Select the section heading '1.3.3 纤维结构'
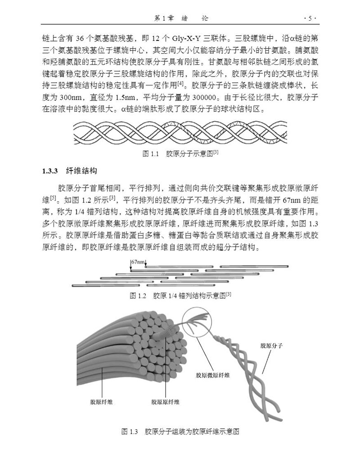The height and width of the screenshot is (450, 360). pyautogui.click(x=69, y=171)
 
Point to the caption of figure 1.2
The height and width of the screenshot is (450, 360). pyautogui.click(x=180, y=296)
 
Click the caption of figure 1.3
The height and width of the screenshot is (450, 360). pyautogui.click(x=180, y=432)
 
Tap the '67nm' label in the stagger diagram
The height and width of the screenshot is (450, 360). pyautogui.click(x=138, y=262)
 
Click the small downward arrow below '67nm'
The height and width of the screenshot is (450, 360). pyautogui.click(x=130, y=269)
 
